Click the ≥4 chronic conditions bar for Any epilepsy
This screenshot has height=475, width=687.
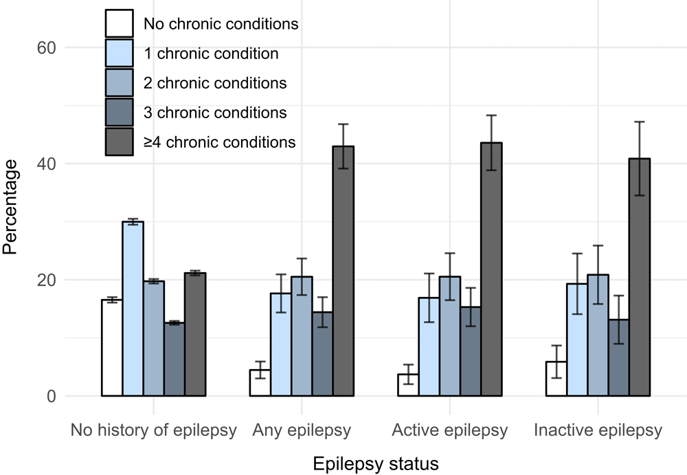coord(343,271)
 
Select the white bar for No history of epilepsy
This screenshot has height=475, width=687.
coord(112,348)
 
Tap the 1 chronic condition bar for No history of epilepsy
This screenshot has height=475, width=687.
coord(133,309)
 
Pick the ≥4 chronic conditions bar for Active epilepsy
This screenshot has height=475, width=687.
coord(491,269)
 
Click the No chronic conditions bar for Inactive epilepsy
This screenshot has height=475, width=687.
coord(556,379)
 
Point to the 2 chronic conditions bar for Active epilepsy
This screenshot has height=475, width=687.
coord(450,336)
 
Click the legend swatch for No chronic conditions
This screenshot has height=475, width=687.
coord(119,23)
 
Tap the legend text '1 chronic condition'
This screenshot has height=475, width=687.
coord(211,54)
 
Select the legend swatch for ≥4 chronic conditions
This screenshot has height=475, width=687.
coord(119,142)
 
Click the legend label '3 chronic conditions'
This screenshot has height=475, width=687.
coord(215,113)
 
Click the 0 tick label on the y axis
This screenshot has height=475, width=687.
coord(49,397)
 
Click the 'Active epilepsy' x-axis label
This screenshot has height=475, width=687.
coord(450,431)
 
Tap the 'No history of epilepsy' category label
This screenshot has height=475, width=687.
coord(153,431)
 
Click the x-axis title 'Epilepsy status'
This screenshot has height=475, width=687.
coord(376,463)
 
